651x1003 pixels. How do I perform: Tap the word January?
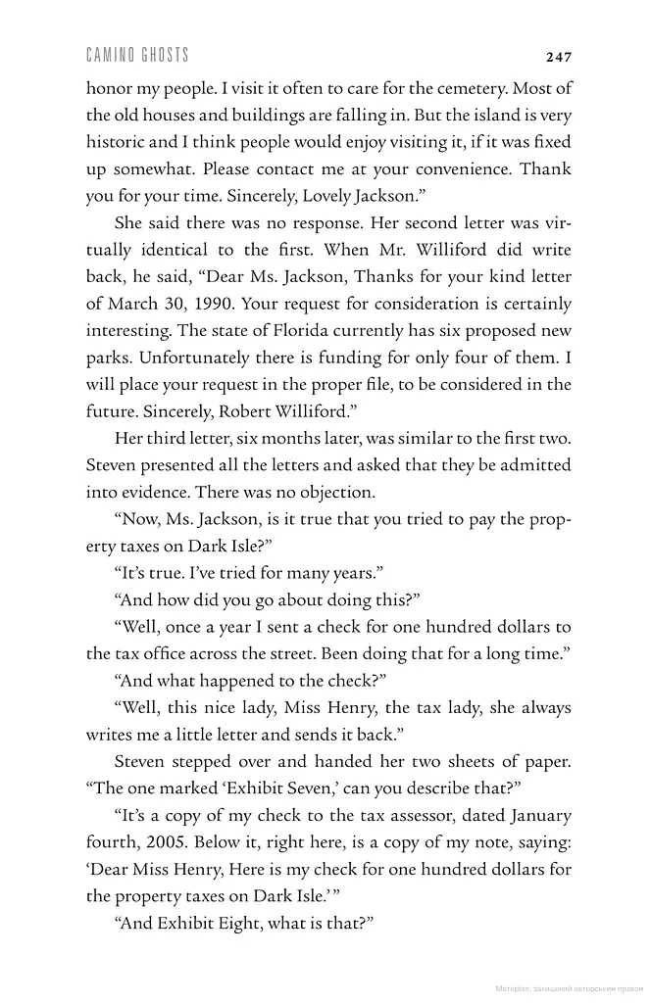coord(537,815)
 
